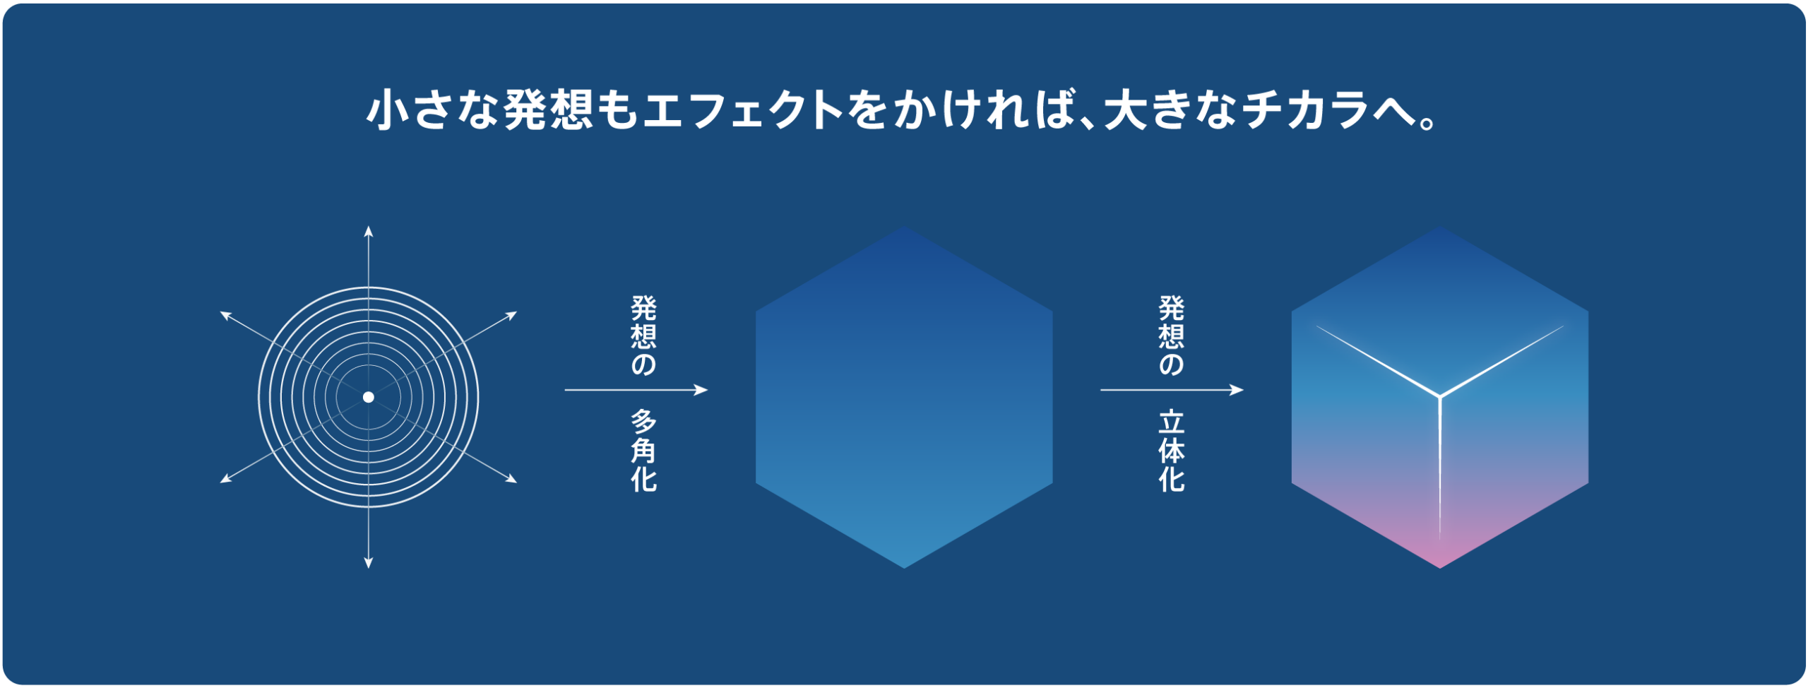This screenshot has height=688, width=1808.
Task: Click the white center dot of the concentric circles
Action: point(368,397)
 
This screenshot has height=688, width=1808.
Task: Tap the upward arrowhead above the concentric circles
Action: point(368,231)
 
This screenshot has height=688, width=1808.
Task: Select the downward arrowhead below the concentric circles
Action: point(368,563)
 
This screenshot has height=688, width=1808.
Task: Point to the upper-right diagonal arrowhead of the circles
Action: point(512,314)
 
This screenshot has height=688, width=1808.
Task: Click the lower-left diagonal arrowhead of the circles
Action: point(225,480)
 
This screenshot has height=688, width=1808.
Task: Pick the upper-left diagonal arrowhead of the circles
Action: point(225,314)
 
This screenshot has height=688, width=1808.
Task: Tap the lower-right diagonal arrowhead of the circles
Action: point(512,480)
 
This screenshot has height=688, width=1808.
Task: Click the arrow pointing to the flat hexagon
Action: point(636,390)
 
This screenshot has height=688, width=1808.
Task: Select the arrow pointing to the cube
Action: point(1172,390)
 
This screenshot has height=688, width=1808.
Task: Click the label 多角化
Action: point(643,451)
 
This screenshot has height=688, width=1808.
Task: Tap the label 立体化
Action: point(1172,451)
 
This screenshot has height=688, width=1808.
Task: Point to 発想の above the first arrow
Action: point(643,336)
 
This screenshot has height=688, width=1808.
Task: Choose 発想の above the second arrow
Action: point(1172,336)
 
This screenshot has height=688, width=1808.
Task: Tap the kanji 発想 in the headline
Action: point(548,110)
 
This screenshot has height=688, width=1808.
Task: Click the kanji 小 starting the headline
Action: point(388,110)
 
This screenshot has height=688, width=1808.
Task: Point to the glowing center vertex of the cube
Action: point(1439,396)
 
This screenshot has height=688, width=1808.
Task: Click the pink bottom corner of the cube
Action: point(1439,565)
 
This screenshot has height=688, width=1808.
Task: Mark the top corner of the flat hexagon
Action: point(904,227)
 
